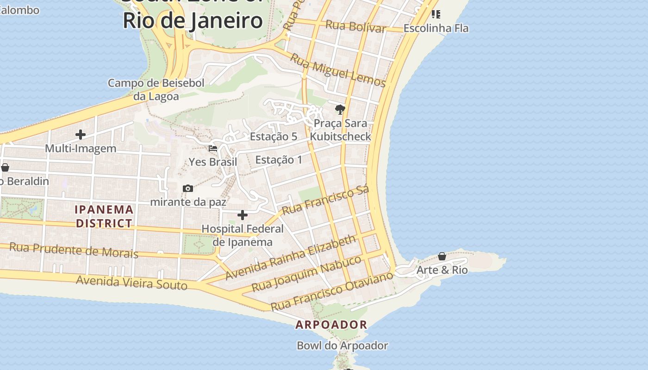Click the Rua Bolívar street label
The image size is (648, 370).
(355, 26)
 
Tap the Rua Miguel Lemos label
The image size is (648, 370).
(338, 70)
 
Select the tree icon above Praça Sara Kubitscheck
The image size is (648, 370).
(340, 110)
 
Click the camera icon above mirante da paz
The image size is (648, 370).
(187, 188)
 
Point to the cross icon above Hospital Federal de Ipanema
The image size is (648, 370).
(242, 215)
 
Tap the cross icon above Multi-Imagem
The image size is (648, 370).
(81, 135)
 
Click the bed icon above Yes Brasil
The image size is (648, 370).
(213, 148)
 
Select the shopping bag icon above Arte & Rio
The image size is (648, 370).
(442, 256)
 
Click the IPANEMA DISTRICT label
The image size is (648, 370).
(104, 216)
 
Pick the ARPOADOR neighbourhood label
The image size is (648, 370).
(331, 325)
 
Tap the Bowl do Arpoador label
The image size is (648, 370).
(343, 345)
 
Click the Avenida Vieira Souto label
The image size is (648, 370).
(131, 282)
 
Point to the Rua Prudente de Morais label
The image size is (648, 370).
(74, 250)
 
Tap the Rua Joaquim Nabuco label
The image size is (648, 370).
(306, 273)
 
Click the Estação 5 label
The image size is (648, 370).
(274, 136)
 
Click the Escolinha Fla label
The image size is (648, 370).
(436, 28)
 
